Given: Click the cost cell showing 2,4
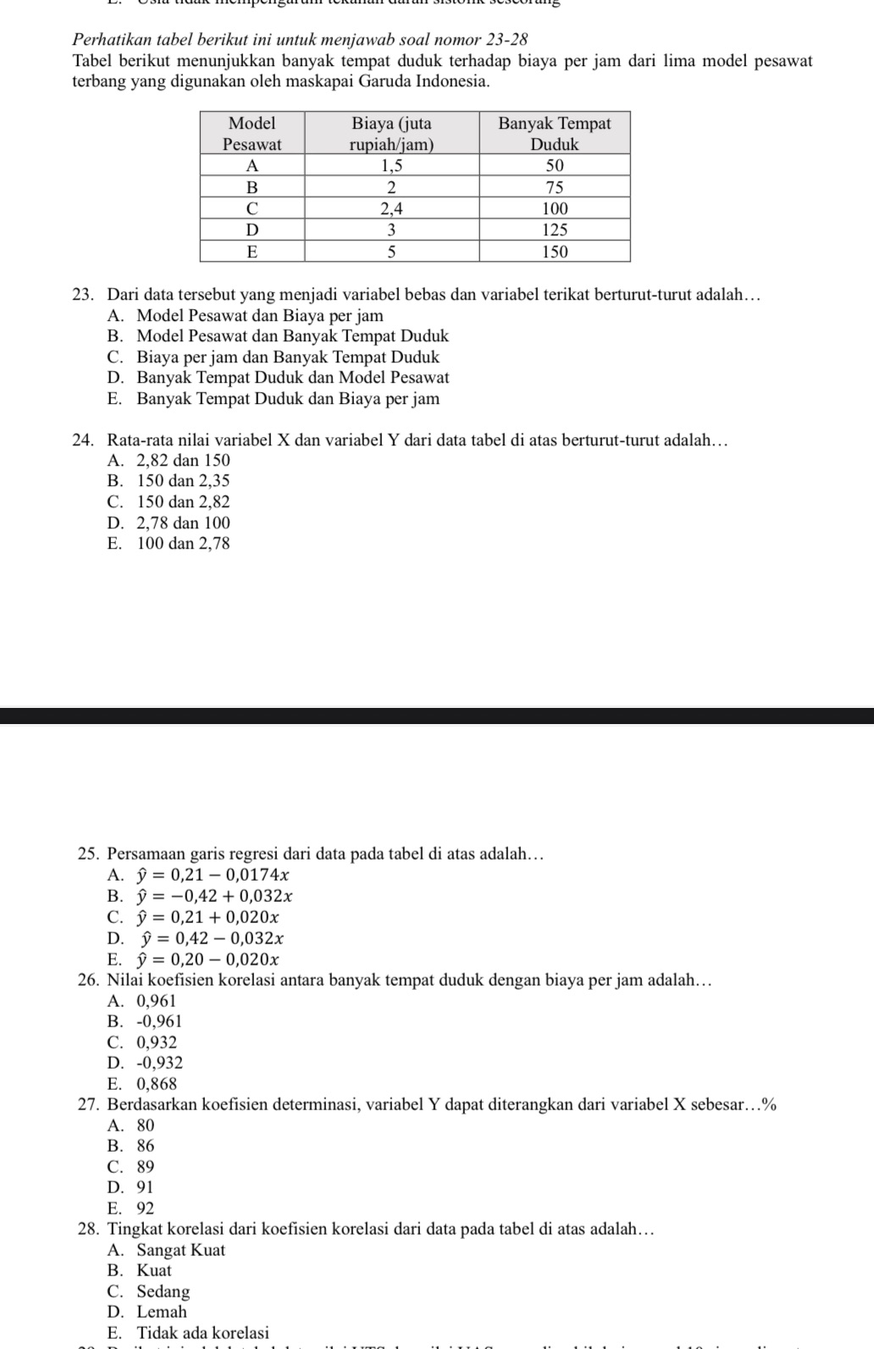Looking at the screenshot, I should point(391,208).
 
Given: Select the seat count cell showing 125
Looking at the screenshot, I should point(554,229).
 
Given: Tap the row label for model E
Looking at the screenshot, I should point(252,252).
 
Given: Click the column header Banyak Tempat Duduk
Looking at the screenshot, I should point(554,133).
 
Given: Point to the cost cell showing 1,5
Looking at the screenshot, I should point(391,164).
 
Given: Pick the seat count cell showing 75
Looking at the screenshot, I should point(554,186).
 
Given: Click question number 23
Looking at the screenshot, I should point(82,295).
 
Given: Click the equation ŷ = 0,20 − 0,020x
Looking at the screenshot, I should point(209,959).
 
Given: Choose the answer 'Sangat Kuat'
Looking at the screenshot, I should point(180,1250).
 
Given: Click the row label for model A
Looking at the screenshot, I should point(252,164).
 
